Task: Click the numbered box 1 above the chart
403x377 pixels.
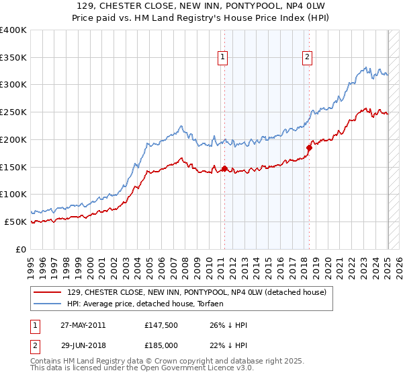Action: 222,58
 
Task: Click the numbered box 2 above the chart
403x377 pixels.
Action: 307,58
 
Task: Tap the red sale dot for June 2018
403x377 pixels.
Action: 309,147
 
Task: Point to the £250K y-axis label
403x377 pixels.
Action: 13,112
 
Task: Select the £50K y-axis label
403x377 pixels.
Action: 16,221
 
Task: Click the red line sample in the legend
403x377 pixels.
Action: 48,292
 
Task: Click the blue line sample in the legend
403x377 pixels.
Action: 48,304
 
